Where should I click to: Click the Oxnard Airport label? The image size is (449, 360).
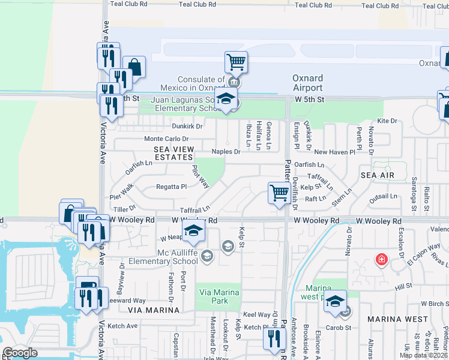tap(307, 83)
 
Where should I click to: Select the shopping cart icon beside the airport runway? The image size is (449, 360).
tap(237, 61)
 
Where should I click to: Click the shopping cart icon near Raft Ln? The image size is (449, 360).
tap(279, 193)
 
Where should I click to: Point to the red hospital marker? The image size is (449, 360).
tap(381, 260)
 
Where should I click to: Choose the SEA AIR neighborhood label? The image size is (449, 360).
tap(377, 174)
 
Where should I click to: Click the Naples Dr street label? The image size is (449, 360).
tap(225, 152)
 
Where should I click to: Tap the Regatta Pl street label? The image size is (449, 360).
tap(172, 187)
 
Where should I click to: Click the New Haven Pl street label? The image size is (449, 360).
tap(334, 152)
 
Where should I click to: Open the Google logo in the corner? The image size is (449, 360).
tap(20, 353)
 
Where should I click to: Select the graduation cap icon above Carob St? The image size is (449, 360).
tap(336, 301)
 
